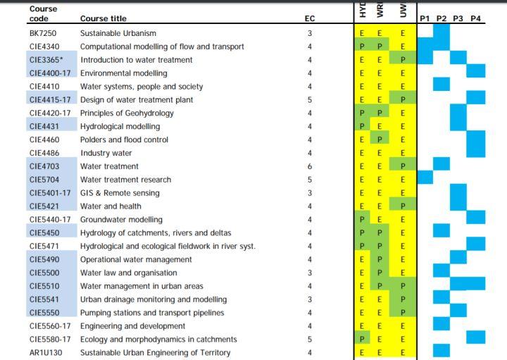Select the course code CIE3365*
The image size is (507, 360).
pyautogui.click(x=47, y=60)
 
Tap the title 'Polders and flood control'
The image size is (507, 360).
pyautogui.click(x=124, y=139)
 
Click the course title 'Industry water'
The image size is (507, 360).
pyautogui.click(x=106, y=153)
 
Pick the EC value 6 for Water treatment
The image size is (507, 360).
pyautogui.click(x=310, y=166)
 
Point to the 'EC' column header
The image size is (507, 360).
pyautogui.click(x=310, y=18)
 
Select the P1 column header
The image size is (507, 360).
pyautogui.click(x=425, y=18)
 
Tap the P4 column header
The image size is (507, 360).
pyautogui.click(x=476, y=18)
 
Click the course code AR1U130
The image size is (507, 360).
pyautogui.click(x=46, y=352)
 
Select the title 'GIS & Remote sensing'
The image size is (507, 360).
pyautogui.click(x=120, y=193)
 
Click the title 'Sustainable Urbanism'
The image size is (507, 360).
pyautogui.click(x=118, y=33)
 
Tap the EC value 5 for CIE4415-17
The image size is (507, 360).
pyautogui.click(x=310, y=100)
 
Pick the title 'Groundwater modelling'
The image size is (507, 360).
pyautogui.click(x=121, y=220)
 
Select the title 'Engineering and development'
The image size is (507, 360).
pyautogui.click(x=132, y=326)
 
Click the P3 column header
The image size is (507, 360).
pyautogui.click(x=458, y=18)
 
